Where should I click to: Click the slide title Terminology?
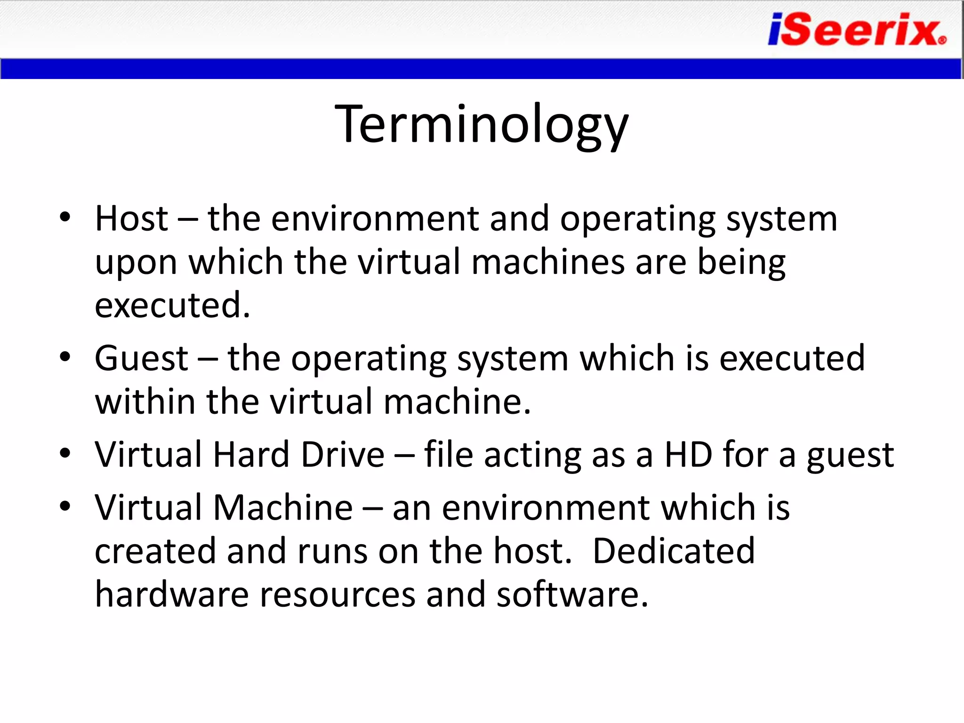click(x=482, y=125)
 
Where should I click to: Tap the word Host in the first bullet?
click(x=131, y=219)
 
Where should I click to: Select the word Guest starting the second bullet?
click(x=141, y=359)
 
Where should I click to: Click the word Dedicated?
click(x=674, y=551)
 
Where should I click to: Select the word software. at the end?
click(x=572, y=594)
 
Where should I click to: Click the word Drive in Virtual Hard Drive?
click(x=343, y=455)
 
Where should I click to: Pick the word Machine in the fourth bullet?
click(x=283, y=508)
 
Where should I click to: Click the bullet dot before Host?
click(x=65, y=217)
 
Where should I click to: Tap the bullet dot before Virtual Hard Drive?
click(x=65, y=454)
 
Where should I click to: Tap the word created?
click(x=155, y=551)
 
